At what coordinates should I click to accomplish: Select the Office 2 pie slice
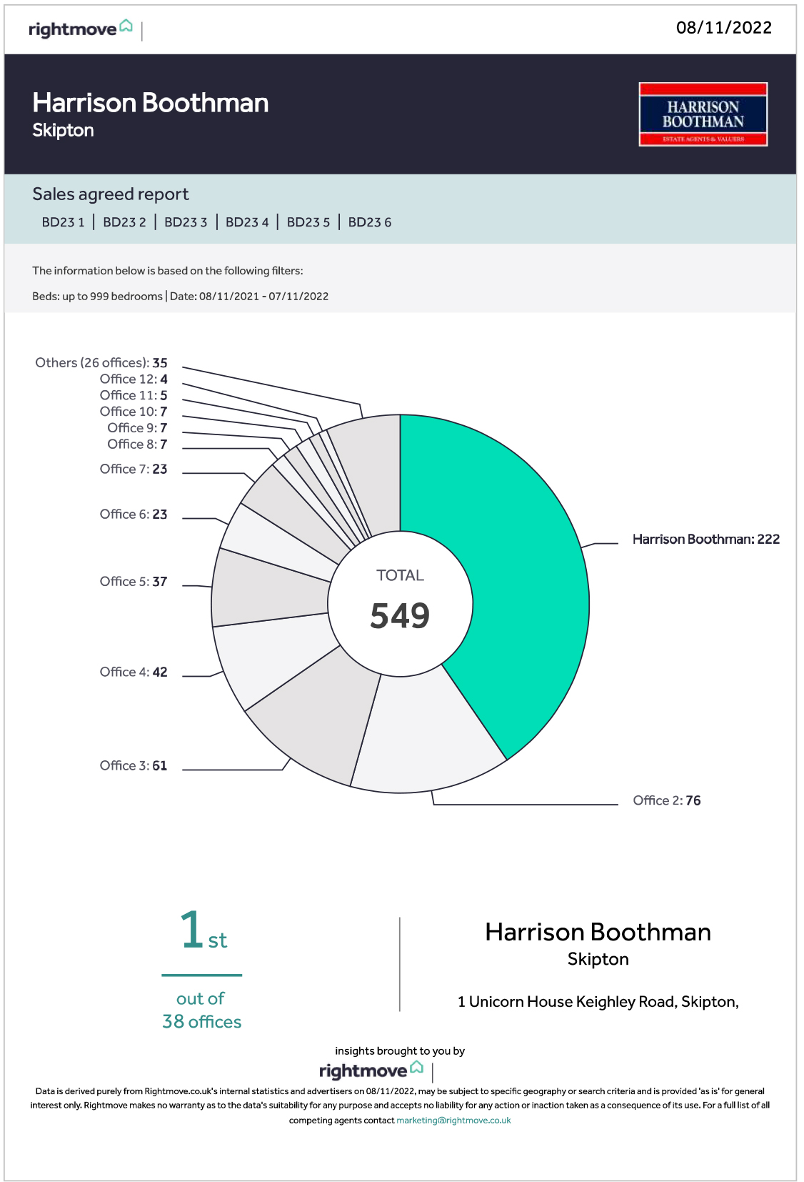point(428,736)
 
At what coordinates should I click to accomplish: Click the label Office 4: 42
point(134,672)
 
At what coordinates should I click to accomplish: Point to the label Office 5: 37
point(134,582)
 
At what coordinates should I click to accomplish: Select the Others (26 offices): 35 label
point(101,363)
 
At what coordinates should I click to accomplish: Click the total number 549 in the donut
point(400,616)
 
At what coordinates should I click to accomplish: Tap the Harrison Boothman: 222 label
point(705,540)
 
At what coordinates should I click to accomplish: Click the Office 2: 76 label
point(666,800)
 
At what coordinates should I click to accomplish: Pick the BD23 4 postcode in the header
point(247,222)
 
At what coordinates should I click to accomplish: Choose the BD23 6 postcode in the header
point(369,222)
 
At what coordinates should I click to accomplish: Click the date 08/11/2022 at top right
point(723,28)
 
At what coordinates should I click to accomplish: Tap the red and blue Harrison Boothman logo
point(703,114)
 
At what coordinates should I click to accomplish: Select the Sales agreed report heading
point(111,194)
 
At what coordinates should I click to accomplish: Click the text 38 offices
point(201,1022)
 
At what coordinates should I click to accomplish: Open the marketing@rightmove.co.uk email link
point(453,1121)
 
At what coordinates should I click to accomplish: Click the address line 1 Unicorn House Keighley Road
point(598,1002)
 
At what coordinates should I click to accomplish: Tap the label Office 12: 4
point(134,379)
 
